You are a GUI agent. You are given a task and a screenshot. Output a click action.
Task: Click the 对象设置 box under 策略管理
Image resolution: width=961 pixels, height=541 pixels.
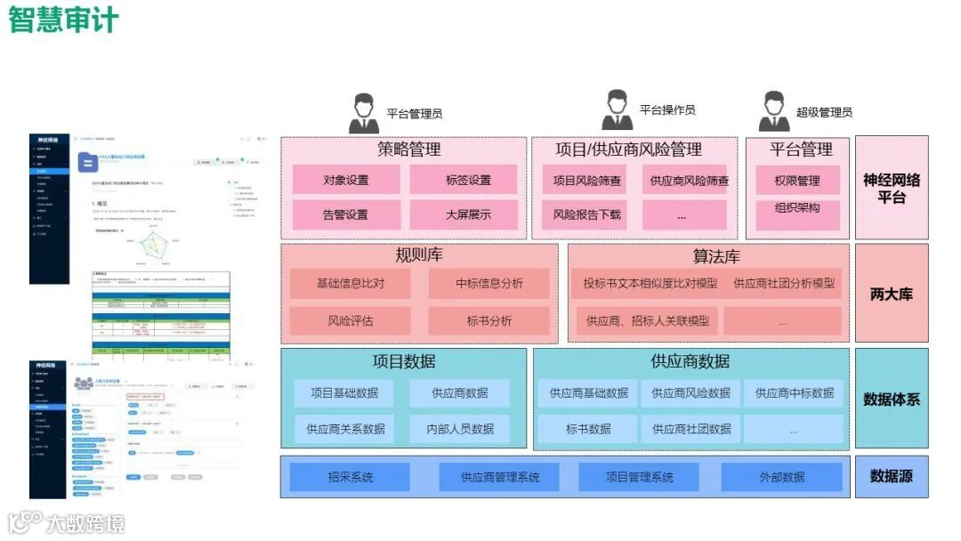(345, 181)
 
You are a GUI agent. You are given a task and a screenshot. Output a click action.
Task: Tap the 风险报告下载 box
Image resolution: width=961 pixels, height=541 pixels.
(586, 214)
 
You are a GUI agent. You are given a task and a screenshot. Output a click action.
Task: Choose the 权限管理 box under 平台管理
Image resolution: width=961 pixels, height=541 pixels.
(796, 181)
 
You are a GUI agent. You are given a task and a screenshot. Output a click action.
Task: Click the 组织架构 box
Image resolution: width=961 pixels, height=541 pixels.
(796, 208)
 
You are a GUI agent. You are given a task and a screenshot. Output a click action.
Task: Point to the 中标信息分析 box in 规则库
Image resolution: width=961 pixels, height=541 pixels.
(489, 284)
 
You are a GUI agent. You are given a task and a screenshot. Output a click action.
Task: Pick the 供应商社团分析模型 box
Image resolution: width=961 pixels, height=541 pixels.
(784, 284)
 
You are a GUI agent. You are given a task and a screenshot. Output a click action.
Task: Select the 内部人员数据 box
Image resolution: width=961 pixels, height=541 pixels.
(459, 429)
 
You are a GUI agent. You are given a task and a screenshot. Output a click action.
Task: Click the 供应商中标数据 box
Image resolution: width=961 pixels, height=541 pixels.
(794, 393)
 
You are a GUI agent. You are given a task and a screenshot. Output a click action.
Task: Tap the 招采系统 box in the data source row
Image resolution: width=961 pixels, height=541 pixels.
(350, 477)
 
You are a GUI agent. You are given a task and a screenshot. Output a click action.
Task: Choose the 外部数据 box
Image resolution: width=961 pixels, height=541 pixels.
(781, 477)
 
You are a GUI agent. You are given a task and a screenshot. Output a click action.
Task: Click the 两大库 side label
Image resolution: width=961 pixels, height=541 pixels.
(891, 294)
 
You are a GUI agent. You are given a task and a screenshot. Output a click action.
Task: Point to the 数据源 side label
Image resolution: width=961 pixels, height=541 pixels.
(891, 476)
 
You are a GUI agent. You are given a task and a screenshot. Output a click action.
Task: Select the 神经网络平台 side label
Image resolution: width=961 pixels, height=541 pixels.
(891, 188)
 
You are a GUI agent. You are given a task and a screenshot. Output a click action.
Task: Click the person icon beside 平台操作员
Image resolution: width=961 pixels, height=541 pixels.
(617, 110)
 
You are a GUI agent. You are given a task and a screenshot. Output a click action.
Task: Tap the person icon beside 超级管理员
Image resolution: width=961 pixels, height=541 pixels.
(774, 111)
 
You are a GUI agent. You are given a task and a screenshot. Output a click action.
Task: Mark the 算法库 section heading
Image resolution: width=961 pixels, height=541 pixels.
(716, 256)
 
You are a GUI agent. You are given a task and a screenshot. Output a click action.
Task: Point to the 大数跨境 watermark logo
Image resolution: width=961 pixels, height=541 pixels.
(67, 521)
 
